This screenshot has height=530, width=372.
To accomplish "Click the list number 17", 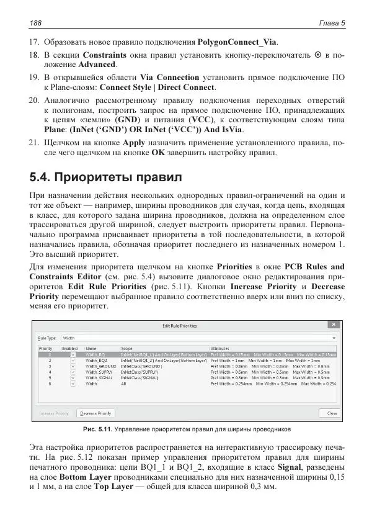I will (x=35, y=43).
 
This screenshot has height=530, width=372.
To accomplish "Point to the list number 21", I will (x=35, y=142).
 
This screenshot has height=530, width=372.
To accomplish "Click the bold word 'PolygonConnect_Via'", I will (x=237, y=43).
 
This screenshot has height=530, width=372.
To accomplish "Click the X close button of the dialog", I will (x=333, y=325).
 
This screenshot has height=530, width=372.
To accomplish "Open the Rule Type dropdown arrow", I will (x=334, y=338).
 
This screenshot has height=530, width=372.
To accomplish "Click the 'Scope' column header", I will (x=126, y=349).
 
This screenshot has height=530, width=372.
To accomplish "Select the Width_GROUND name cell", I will (x=98, y=367).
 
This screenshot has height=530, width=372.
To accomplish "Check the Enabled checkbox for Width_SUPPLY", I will (x=73, y=372).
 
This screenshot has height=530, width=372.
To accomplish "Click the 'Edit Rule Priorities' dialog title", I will (x=180, y=325).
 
